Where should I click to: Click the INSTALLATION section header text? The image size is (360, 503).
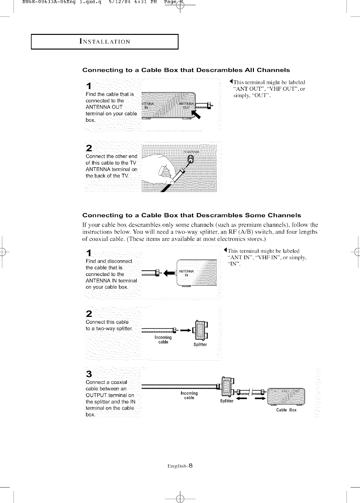105,42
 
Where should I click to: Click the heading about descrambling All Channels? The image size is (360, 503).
186,70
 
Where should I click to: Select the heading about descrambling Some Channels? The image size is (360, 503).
192,215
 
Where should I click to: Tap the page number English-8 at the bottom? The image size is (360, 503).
180,466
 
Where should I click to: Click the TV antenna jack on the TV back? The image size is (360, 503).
191,159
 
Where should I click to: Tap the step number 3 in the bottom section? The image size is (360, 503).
89,374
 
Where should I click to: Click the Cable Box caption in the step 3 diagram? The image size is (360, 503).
286,410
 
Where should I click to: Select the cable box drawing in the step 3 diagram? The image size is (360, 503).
286,396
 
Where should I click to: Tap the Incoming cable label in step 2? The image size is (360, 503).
163,340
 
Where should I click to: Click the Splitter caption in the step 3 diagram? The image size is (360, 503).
226,401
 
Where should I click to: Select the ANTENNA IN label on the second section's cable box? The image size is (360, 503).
186,273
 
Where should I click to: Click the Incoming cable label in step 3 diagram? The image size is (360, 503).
189,395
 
